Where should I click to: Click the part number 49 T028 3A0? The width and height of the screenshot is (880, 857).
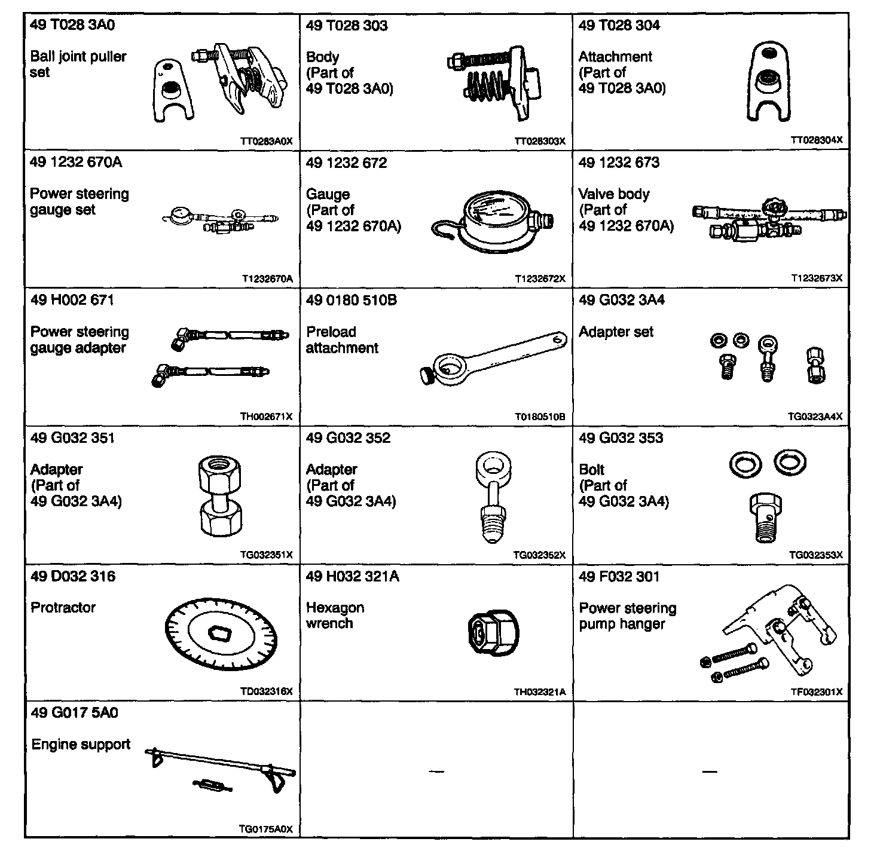[x=72, y=25]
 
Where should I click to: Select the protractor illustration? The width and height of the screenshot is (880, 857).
[x=221, y=632]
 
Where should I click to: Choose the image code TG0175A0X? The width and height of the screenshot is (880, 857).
[x=265, y=829]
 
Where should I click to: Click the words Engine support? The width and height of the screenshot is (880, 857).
[x=81, y=745]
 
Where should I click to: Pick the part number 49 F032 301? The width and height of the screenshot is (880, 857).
[x=619, y=577]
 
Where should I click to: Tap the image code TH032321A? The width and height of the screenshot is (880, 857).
[x=539, y=692]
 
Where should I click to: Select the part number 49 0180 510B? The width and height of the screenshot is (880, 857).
[x=351, y=300]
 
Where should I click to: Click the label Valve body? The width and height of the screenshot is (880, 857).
[x=613, y=194]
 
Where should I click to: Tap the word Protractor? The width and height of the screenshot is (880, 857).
[x=63, y=608]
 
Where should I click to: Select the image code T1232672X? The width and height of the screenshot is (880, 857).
[x=540, y=279]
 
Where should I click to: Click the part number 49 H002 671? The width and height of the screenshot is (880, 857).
[x=72, y=300]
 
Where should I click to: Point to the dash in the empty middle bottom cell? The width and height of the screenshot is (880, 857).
[x=436, y=772]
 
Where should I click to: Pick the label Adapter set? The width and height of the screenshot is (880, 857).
[x=616, y=332]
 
